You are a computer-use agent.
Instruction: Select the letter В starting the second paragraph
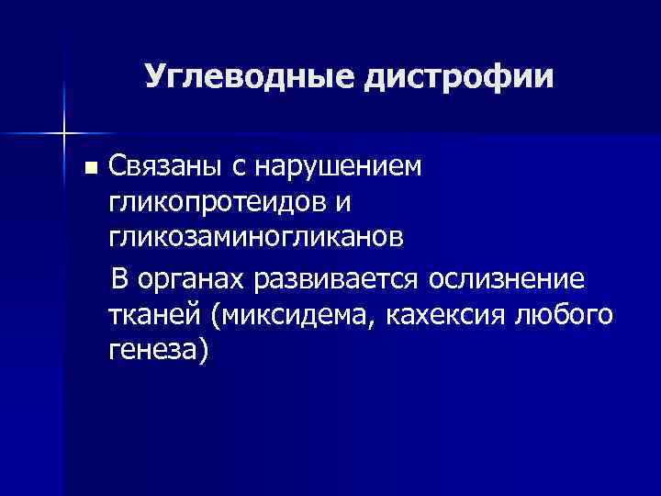click(x=119, y=278)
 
